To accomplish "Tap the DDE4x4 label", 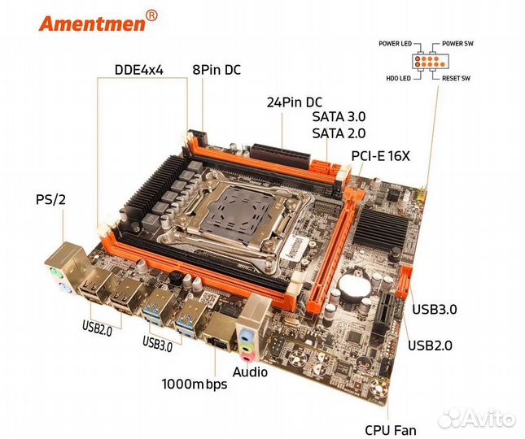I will [x=138, y=70].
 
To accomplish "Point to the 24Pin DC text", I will [x=294, y=102].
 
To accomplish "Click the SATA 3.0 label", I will [x=339, y=119].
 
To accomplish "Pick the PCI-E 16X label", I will [x=380, y=155].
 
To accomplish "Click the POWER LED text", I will [x=400, y=42].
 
